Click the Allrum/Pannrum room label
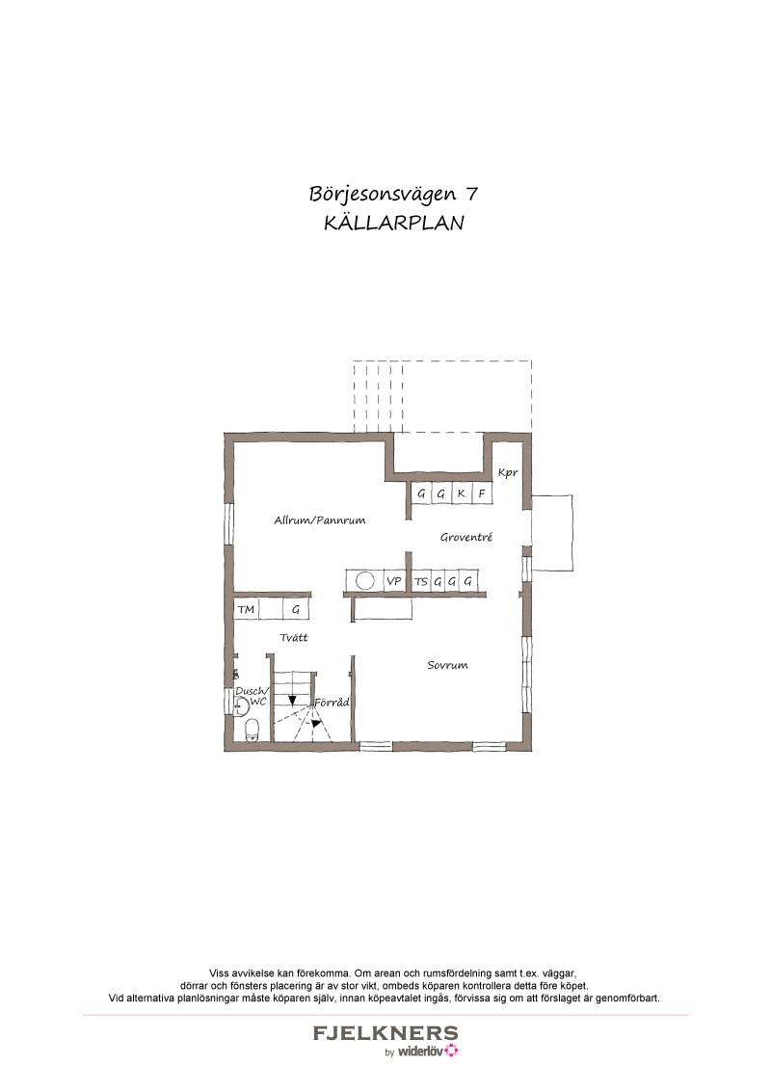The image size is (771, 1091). tap(319, 520)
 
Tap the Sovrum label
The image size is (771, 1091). tap(447, 665)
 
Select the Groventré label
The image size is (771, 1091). tap(466, 537)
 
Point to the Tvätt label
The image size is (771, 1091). tap(294, 637)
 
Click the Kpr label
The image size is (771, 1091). tap(508, 473)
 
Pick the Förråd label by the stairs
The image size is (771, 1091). tap(332, 703)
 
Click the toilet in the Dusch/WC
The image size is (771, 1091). tap(252, 730)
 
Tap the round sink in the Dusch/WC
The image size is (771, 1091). tap(241, 707)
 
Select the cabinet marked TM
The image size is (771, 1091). tap(246, 609)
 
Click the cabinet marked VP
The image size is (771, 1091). tap(394, 581)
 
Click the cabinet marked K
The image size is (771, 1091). tap(462, 494)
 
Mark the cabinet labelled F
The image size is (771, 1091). tap(482, 494)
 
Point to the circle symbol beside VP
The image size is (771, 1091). tap(365, 580)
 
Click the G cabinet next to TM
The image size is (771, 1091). tap(296, 609)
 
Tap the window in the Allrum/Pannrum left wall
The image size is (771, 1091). tap(228, 523)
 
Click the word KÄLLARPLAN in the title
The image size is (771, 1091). tap(394, 223)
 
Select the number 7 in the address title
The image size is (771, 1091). tap(471, 193)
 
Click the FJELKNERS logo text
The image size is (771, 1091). tap(385, 1033)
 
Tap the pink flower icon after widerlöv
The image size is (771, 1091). tap(452, 1051)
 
